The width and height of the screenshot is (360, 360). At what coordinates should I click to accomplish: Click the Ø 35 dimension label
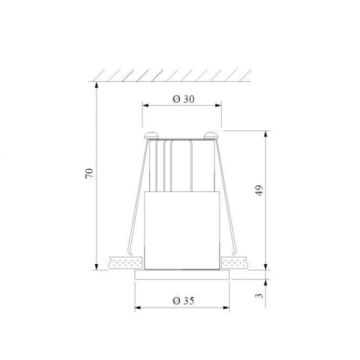point(183,300)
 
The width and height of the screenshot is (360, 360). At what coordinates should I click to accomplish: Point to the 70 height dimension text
point(89,173)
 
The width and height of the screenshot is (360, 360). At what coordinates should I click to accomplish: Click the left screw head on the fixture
point(150,133)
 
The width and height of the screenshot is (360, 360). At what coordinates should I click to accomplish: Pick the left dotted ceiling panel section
point(125,263)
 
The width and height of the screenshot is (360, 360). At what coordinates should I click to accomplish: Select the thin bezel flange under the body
point(182,275)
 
